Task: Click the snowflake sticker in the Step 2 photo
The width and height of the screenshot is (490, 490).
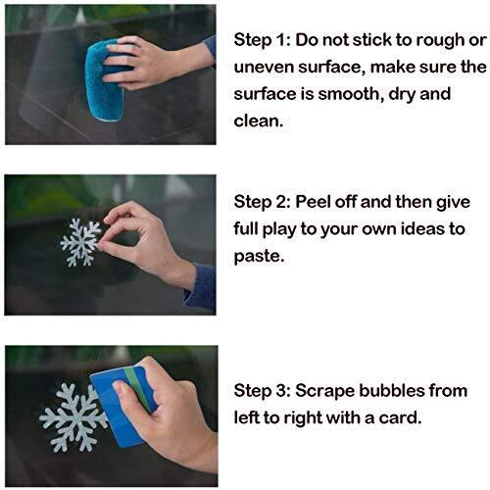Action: pyautogui.click(x=80, y=242)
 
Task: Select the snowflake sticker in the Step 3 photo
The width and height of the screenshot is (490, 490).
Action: pyautogui.click(x=73, y=417)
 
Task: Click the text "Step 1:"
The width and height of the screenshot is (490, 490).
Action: pyautogui.click(x=262, y=40)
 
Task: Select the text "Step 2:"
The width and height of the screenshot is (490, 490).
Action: pyautogui.click(x=262, y=202)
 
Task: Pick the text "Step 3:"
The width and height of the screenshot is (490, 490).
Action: pyautogui.click(x=262, y=391)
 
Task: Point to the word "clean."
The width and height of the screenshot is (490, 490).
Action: pyautogui.click(x=258, y=121)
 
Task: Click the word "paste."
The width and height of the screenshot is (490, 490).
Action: pyautogui.click(x=259, y=256)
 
